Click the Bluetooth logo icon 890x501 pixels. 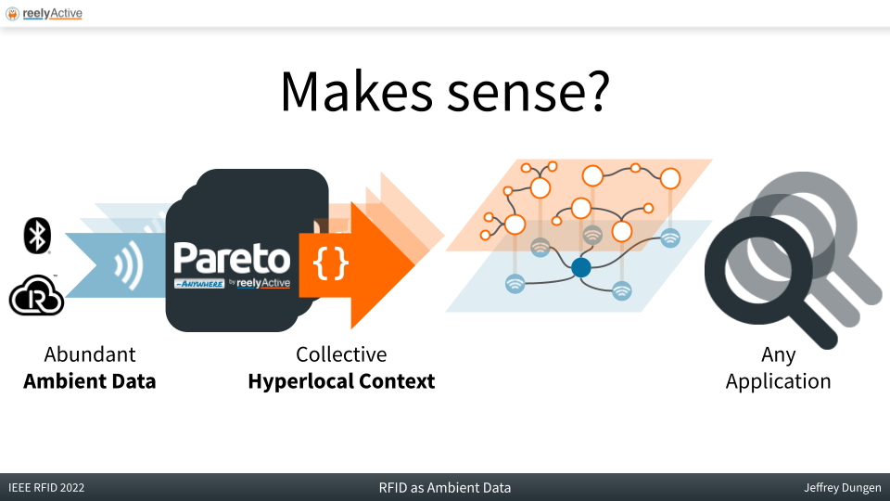pos(37,235)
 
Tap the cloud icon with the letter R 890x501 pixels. pos(36,295)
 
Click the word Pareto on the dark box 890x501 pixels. pos(232,259)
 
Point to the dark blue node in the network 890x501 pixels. pos(580,267)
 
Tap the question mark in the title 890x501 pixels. pos(596,90)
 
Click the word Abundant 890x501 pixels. pos(90,354)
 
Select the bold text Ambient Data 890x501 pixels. pos(90,381)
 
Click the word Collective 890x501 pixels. pos(341,354)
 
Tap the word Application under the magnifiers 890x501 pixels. pos(778,381)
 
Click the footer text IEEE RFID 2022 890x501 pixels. pos(46,488)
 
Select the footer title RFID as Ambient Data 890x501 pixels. pos(445,488)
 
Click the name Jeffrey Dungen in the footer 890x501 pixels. pos(843,488)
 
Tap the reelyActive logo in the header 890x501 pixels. pos(44,13)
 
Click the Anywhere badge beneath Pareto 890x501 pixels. pos(199,284)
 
